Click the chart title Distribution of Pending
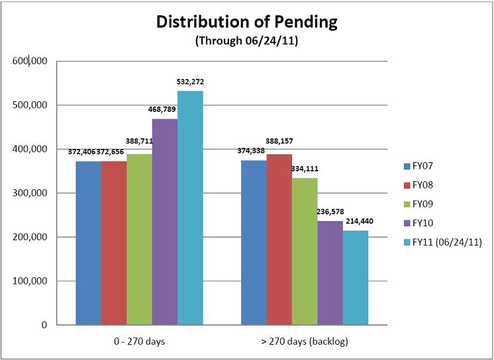pyautogui.click(x=246, y=21)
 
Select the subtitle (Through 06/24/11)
pyautogui.click(x=246, y=40)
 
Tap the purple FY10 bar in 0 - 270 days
pyautogui.click(x=165, y=222)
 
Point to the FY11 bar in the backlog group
pyautogui.click(x=354, y=278)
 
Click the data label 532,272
pyautogui.click(x=190, y=82)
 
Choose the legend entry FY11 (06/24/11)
pyautogui.click(x=446, y=242)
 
